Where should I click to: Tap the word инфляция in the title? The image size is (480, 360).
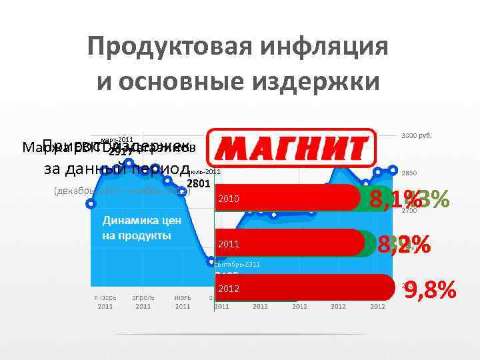point(335,47)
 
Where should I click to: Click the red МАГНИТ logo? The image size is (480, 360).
point(292,147)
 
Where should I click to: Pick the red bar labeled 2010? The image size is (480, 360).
point(287,199)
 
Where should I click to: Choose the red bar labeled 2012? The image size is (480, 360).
point(303,289)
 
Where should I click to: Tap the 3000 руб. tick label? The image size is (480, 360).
point(416,135)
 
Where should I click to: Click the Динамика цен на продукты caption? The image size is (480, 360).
point(136,227)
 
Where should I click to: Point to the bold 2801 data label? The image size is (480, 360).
point(199,183)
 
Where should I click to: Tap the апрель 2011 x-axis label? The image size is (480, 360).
point(143,302)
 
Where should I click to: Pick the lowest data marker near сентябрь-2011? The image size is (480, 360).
point(211,260)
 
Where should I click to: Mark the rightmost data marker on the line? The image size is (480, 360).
point(393,169)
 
